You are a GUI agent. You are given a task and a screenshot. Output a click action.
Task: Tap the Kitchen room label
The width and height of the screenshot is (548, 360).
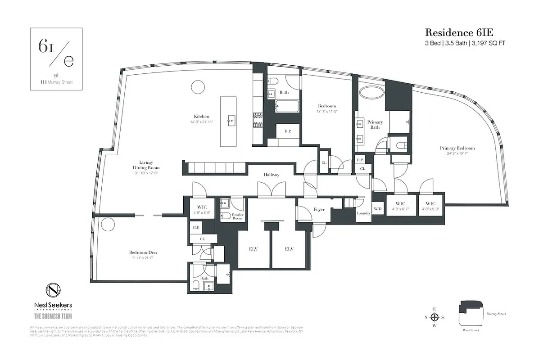[201, 116]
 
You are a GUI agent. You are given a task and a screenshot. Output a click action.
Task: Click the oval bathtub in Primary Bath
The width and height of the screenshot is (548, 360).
[371, 94]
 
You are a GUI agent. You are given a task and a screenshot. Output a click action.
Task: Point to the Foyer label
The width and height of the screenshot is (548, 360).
[319, 210]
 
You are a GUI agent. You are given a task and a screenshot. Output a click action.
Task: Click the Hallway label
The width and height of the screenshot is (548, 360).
[272, 175]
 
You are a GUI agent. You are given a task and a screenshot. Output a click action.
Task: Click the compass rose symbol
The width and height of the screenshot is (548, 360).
[435, 316]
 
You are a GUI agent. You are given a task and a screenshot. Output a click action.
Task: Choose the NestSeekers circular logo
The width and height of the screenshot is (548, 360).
[53, 290]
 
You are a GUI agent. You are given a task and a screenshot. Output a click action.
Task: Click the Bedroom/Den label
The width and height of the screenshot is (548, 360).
[143, 253]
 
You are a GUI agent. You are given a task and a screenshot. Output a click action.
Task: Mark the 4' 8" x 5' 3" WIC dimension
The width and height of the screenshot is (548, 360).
[430, 209]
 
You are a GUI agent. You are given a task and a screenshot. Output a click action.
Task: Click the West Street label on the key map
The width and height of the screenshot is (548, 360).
[471, 330]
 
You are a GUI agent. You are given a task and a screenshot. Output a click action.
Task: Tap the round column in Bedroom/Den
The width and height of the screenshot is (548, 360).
[108, 225]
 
